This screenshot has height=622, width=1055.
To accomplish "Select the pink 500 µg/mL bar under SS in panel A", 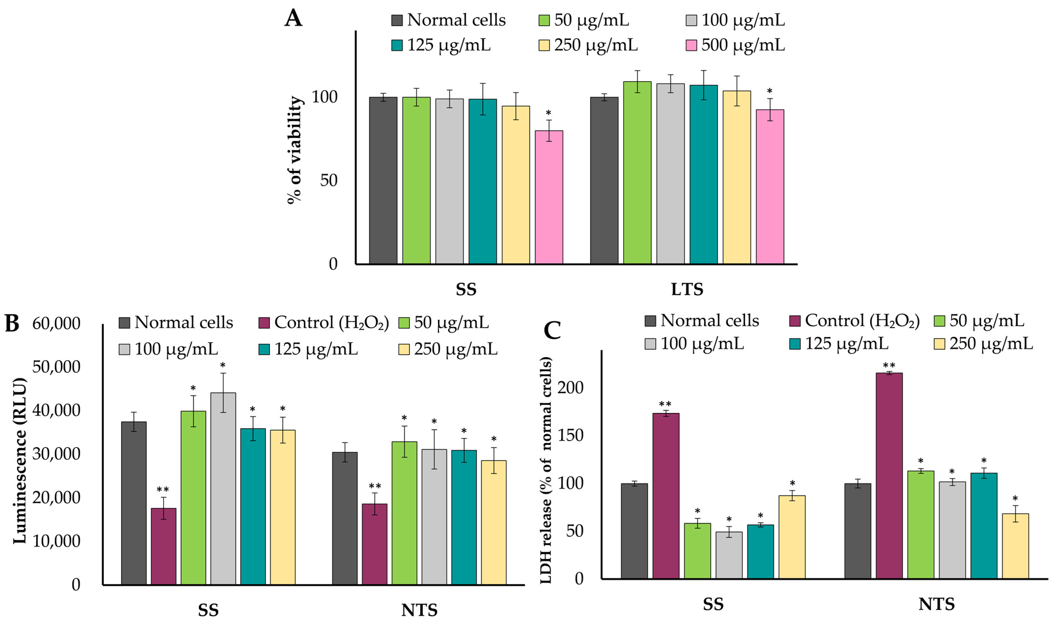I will (549, 197).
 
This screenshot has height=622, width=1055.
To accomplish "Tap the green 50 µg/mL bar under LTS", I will (637, 172).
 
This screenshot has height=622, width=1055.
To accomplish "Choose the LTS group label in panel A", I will (687, 289).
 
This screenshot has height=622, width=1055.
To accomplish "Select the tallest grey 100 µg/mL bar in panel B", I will (223, 488).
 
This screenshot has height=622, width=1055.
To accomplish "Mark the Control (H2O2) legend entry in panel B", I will (324, 323).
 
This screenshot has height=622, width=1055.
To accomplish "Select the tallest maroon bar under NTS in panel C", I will (889, 476).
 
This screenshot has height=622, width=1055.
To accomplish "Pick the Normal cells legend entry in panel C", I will (702, 321).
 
